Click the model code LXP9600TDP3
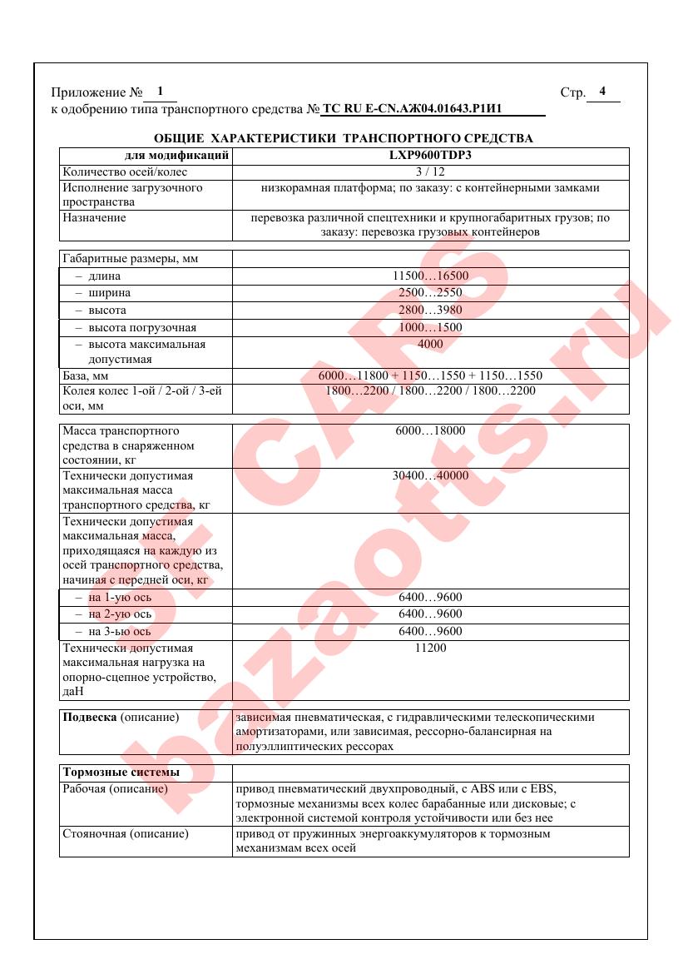click(430, 155)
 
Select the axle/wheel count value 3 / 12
click(430, 171)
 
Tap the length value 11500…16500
click(430, 276)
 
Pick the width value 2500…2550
click(430, 293)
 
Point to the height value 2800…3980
click(430, 310)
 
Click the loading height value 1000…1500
click(430, 327)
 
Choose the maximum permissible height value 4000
click(430, 344)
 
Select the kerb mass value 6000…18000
click(430, 431)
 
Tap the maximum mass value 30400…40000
click(430, 476)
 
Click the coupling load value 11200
click(430, 648)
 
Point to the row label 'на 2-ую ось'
click(113, 614)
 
